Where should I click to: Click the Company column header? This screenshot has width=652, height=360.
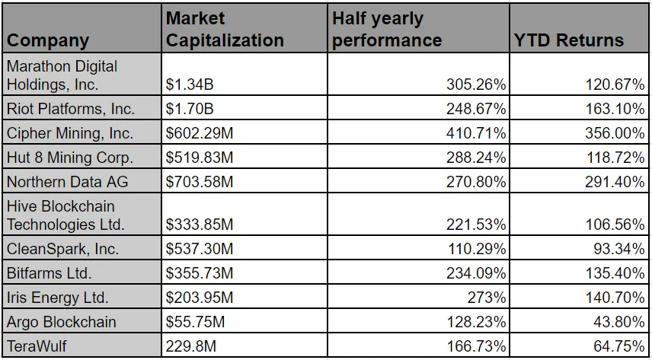(48, 40)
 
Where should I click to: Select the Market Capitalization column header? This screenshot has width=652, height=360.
(225, 29)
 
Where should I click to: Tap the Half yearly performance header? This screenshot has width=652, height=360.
(387, 29)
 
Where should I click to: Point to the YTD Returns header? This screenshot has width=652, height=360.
(568, 40)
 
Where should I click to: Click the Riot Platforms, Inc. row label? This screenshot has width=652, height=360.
(71, 109)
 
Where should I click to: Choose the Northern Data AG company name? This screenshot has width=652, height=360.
(67, 182)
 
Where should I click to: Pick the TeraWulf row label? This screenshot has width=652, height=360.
(37, 346)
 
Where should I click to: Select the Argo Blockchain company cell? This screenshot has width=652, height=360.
(62, 322)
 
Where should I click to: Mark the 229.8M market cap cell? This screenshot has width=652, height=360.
(191, 346)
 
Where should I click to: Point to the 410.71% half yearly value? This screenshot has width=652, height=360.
(476, 133)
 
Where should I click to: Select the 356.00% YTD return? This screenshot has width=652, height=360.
(616, 133)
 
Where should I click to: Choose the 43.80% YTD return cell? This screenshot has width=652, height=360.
(620, 322)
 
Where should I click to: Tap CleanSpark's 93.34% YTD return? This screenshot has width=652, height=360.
(620, 249)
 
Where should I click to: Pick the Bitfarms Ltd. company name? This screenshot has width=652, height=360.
(49, 273)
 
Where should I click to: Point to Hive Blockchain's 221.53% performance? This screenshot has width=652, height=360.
(476, 225)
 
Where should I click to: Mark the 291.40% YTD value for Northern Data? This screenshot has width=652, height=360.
(616, 182)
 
